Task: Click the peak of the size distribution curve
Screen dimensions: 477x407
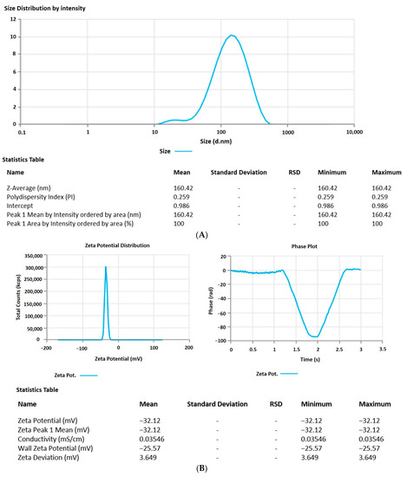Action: click(232, 36)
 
